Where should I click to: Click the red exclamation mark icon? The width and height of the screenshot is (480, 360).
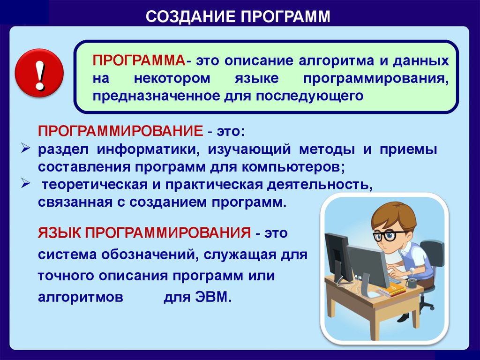39,73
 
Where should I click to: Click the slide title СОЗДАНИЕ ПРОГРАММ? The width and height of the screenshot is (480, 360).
238,16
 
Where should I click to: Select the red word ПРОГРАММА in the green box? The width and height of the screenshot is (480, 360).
139,60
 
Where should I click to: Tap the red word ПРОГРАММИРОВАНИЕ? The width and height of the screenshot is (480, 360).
120,131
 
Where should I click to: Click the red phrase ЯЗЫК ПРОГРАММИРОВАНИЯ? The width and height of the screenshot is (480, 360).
144,232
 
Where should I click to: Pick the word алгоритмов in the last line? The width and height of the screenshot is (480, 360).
81,297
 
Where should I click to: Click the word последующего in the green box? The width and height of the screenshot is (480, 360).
309,96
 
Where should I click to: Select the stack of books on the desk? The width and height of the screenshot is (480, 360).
391,289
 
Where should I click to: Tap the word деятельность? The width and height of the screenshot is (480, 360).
320,185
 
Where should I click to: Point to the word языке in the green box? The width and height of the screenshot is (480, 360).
257,79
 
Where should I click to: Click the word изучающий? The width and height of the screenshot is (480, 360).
249,150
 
